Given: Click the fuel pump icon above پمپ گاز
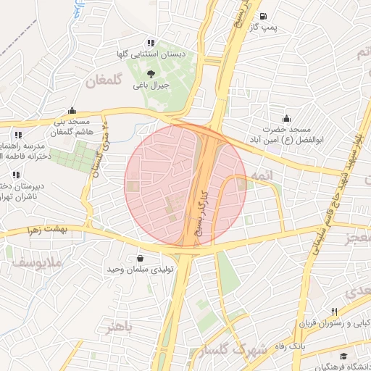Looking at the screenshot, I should click(262, 17).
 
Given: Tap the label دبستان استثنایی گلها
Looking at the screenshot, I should click(150, 54).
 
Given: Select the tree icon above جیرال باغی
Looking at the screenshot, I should click(151, 73).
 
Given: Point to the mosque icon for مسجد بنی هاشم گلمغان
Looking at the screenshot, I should click(72, 111).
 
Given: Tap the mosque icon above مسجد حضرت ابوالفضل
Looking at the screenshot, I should click(287, 119).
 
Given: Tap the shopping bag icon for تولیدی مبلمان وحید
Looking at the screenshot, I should click(139, 258).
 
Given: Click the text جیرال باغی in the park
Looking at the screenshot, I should click(151, 85).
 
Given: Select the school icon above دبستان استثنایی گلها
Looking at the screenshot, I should click(151, 43).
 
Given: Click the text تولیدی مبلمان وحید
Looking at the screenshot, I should click(139, 270).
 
